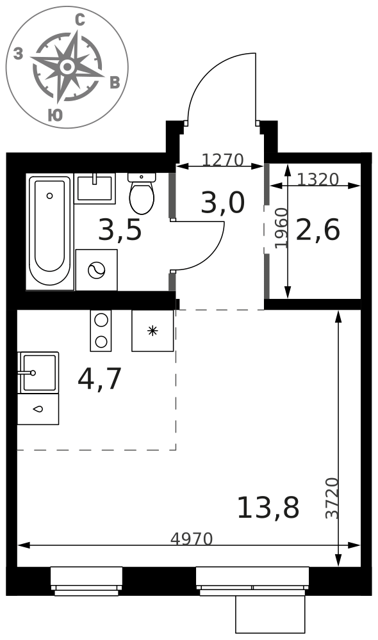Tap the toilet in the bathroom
click(x=142, y=193)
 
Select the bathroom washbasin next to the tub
click(x=95, y=188)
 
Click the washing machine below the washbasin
click(x=97, y=270)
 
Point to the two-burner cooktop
click(x=101, y=331)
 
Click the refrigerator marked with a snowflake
click(x=152, y=331)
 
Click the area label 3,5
click(x=120, y=230)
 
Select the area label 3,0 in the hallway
click(x=222, y=203)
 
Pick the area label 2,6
click(x=318, y=230)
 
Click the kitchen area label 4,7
click(x=100, y=379)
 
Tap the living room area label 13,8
click(x=268, y=508)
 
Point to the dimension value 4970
click(x=192, y=539)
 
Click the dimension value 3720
click(x=333, y=498)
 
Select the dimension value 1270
click(x=223, y=160)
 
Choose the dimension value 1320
click(x=318, y=179)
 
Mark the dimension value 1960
click(x=281, y=228)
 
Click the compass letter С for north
click(x=80, y=20)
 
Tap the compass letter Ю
click(x=55, y=115)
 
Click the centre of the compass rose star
click(x=67, y=66)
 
